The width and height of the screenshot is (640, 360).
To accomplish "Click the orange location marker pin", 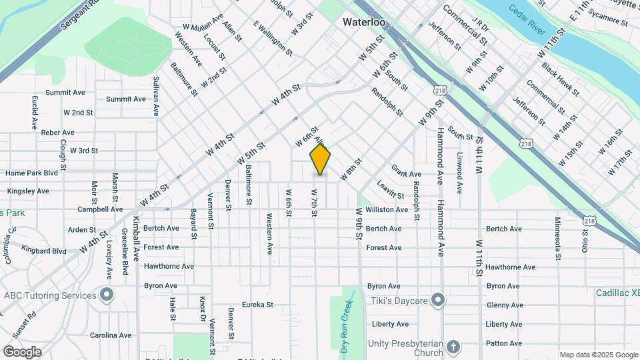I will click(320, 159).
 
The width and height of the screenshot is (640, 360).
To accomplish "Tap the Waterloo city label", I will click(365, 22).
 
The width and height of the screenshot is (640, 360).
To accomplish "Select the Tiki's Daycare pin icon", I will click(437, 301).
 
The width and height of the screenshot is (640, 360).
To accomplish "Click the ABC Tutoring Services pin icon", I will click(106, 295).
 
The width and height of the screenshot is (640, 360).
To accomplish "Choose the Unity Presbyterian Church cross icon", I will click(453, 347).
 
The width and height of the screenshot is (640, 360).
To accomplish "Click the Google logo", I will click(22, 351).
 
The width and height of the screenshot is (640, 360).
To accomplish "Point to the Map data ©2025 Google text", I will click(598, 355).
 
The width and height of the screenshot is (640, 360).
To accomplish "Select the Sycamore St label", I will click(605, 20).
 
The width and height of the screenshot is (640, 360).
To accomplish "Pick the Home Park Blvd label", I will click(32, 173).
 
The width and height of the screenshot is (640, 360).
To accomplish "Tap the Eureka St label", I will click(257, 305).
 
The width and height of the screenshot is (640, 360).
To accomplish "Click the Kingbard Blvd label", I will click(44, 251).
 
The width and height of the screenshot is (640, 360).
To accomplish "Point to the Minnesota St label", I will click(557, 237).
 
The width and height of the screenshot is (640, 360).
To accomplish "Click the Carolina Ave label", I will click(111, 335).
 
